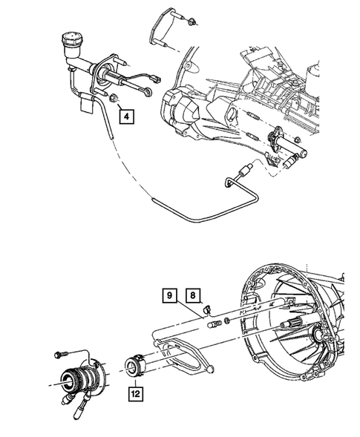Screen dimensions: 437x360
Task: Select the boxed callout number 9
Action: (x=169, y=297)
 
